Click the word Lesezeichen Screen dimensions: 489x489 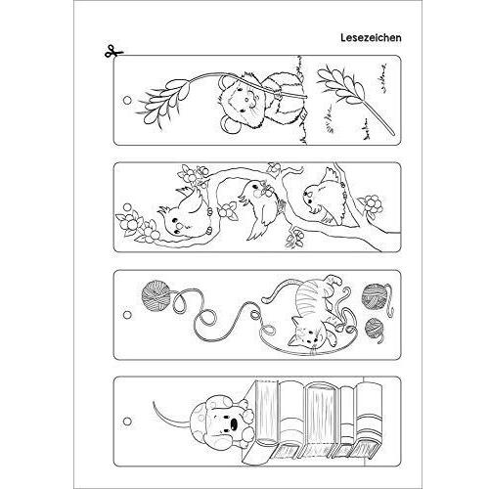coord(371,38)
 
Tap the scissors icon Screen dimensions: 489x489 coord(113,52)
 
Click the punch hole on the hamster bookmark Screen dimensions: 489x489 coord(127,100)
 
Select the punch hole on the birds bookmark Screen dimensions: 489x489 coord(127,207)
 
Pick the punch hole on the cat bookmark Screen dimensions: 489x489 coord(127,315)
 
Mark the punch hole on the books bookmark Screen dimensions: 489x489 coord(127,422)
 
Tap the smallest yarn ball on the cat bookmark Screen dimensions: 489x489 coord(375,328)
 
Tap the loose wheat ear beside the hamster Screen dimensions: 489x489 coord(352,95)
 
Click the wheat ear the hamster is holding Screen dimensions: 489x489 coord(164,98)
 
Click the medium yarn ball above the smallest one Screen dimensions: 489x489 coord(375,296)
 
